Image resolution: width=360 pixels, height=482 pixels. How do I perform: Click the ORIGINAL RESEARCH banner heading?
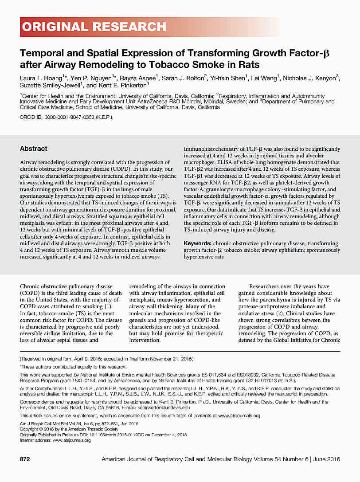94,27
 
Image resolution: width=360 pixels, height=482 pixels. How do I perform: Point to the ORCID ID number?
71,118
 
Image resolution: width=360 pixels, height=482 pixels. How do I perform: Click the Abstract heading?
34,149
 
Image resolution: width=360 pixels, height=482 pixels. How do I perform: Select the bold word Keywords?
197,243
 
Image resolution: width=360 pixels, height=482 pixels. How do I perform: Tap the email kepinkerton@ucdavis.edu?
164,407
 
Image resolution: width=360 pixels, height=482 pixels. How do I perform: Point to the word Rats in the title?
249,65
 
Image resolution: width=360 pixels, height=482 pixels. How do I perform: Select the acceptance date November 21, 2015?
171,358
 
